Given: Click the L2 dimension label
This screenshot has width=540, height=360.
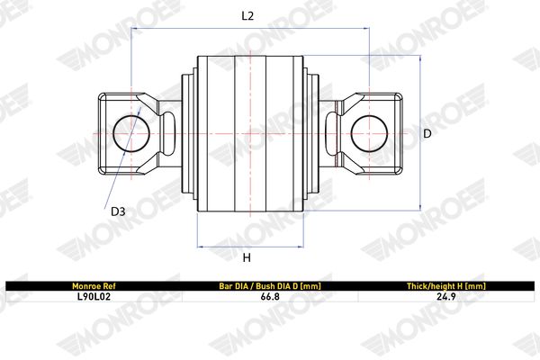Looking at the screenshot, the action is tap(247, 16).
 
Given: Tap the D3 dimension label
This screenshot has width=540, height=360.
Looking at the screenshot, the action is tap(118, 211).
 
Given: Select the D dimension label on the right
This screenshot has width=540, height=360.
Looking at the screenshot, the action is tap(427, 133).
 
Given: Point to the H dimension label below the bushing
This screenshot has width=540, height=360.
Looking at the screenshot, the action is tap(247, 257).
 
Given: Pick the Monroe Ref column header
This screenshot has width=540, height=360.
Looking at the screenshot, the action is tap(94, 286).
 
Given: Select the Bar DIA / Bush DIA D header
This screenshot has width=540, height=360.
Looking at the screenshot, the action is tap(270, 286).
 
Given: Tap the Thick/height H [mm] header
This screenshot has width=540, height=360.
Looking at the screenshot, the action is tap(446, 286).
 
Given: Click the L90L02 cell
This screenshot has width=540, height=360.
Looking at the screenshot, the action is tap(94, 297).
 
